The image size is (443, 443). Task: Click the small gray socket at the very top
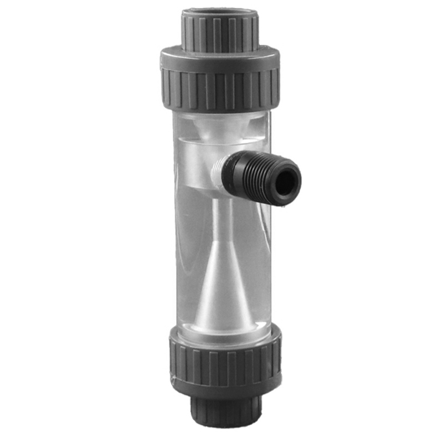[x=220, y=30]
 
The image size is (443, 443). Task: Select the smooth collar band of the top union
[x=220, y=57]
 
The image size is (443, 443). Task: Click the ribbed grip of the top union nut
[x=220, y=89]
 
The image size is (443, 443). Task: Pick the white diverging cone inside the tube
[x=223, y=288]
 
